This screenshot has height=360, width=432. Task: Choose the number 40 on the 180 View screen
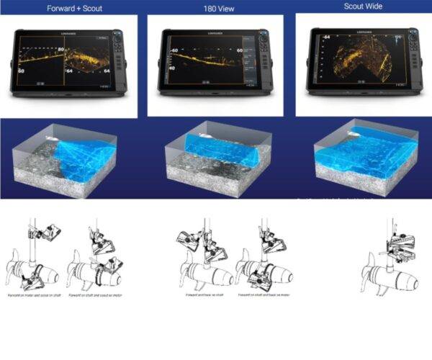point(174,68)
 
